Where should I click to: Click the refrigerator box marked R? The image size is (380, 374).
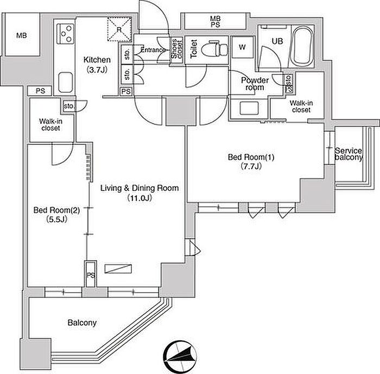[119, 29]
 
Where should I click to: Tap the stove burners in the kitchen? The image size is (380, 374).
[66, 34]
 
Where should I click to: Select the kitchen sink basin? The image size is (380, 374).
[66, 83]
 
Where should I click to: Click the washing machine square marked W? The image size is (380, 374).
[242, 47]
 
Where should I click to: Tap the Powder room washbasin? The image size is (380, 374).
[249, 108]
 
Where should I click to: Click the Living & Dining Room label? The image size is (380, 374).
[140, 188]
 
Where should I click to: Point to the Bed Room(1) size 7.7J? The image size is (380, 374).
[251, 167]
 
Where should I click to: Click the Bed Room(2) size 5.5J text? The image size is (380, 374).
[56, 219]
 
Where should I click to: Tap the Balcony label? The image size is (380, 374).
[82, 322]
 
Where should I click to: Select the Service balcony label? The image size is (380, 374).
[349, 154]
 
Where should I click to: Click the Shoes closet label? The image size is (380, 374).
[176, 49]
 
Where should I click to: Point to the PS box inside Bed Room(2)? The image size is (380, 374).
[91, 274]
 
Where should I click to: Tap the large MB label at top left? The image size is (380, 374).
[22, 36]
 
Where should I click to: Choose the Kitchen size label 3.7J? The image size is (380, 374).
[97, 70]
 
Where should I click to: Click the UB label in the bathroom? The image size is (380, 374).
[277, 41]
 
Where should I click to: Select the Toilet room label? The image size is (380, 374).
[194, 49]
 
